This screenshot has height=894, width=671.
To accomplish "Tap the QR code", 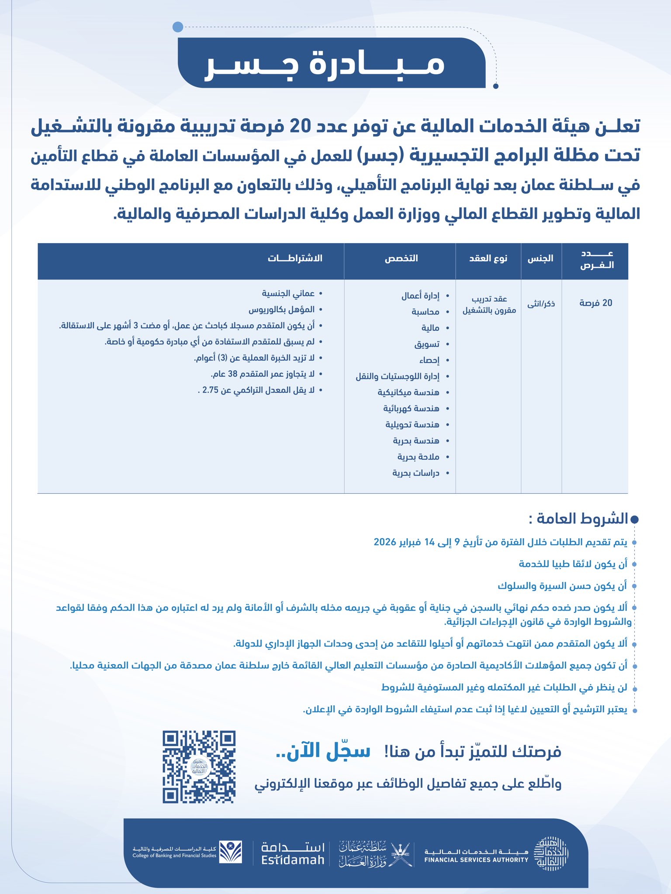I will click(199, 767).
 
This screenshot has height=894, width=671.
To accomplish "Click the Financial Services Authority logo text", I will click(476, 856).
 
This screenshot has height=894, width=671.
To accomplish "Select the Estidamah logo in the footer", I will click(293, 853).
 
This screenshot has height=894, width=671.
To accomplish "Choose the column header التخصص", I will click(401, 258).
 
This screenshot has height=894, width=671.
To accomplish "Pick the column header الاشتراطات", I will click(295, 258).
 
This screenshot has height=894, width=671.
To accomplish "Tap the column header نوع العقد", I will click(488, 258).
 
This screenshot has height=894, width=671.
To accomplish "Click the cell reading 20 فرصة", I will click(595, 303).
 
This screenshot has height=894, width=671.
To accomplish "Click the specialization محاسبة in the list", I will click(425, 312).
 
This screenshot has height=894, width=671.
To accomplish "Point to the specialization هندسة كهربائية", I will click(411, 409).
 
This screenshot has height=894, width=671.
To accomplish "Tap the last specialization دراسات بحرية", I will click(415, 473).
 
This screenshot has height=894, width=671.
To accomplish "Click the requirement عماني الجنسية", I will click(288, 293).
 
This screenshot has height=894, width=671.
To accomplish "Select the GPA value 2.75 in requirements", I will click(210, 390).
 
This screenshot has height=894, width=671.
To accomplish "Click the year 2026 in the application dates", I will click(385, 542).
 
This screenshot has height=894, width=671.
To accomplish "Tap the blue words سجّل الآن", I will click(323, 751).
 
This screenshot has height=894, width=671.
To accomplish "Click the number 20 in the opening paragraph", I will click(301, 127).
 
